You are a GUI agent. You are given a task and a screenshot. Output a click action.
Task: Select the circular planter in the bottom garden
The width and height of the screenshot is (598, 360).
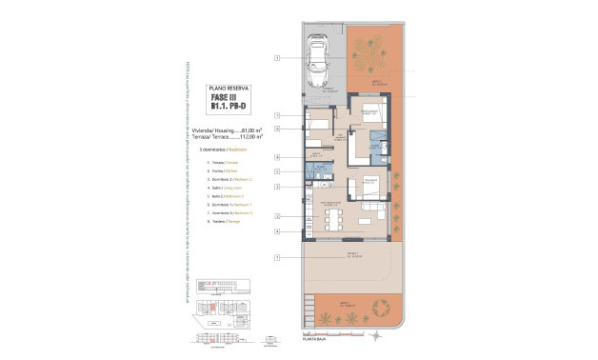[x=383, y=307]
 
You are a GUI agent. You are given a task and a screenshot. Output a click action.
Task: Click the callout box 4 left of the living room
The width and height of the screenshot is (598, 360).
[x=277, y=231]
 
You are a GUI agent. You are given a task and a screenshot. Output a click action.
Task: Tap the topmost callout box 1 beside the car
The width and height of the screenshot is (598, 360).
[x=277, y=59]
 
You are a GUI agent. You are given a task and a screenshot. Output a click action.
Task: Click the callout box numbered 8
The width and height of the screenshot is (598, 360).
[x=277, y=157]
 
